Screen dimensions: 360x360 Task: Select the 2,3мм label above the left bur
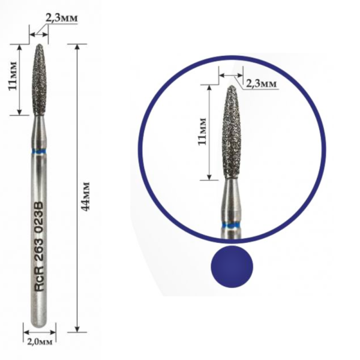point(61,17)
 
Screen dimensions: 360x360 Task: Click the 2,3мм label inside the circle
point(261,83)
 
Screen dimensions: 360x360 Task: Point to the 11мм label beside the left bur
point(13,76)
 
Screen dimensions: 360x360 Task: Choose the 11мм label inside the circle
point(202,131)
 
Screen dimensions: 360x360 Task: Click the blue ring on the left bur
point(38,152)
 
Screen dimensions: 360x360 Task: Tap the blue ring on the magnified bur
point(232,226)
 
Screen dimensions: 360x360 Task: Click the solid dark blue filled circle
point(232,266)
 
